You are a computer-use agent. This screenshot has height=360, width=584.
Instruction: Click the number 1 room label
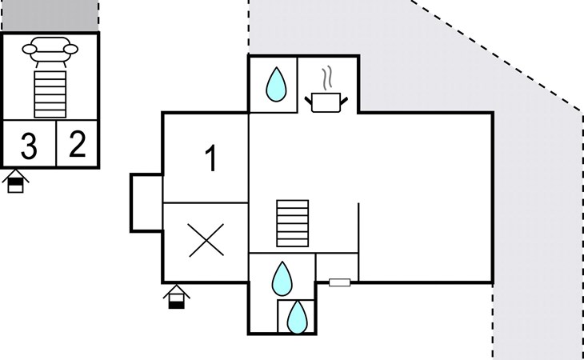[211, 159]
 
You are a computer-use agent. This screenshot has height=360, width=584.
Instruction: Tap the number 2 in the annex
[78, 144]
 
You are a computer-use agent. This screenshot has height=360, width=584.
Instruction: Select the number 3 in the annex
[29, 146]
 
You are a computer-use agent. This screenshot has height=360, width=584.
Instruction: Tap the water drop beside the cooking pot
[276, 83]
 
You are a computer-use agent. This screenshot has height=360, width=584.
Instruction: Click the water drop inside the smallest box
[297, 317]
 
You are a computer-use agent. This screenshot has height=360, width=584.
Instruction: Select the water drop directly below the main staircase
[282, 278]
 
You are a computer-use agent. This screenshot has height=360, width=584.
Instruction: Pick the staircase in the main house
[292, 224]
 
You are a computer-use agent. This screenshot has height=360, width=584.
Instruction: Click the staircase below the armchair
[50, 94]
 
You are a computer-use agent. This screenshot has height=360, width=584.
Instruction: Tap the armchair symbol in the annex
[50, 50]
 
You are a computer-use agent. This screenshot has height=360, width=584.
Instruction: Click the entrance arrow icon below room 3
[15, 182]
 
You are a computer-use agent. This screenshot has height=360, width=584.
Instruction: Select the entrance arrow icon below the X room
[177, 297]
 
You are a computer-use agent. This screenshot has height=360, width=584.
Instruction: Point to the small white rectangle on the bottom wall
[340, 282]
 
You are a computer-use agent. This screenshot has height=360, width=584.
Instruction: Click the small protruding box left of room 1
[146, 202]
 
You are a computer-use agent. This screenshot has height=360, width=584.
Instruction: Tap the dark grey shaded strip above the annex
[50, 15]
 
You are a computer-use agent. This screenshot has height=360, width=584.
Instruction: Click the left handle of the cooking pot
[308, 99]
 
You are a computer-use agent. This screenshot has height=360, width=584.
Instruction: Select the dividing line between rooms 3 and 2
[57, 144]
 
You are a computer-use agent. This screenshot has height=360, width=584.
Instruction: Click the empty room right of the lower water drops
[337, 266]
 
